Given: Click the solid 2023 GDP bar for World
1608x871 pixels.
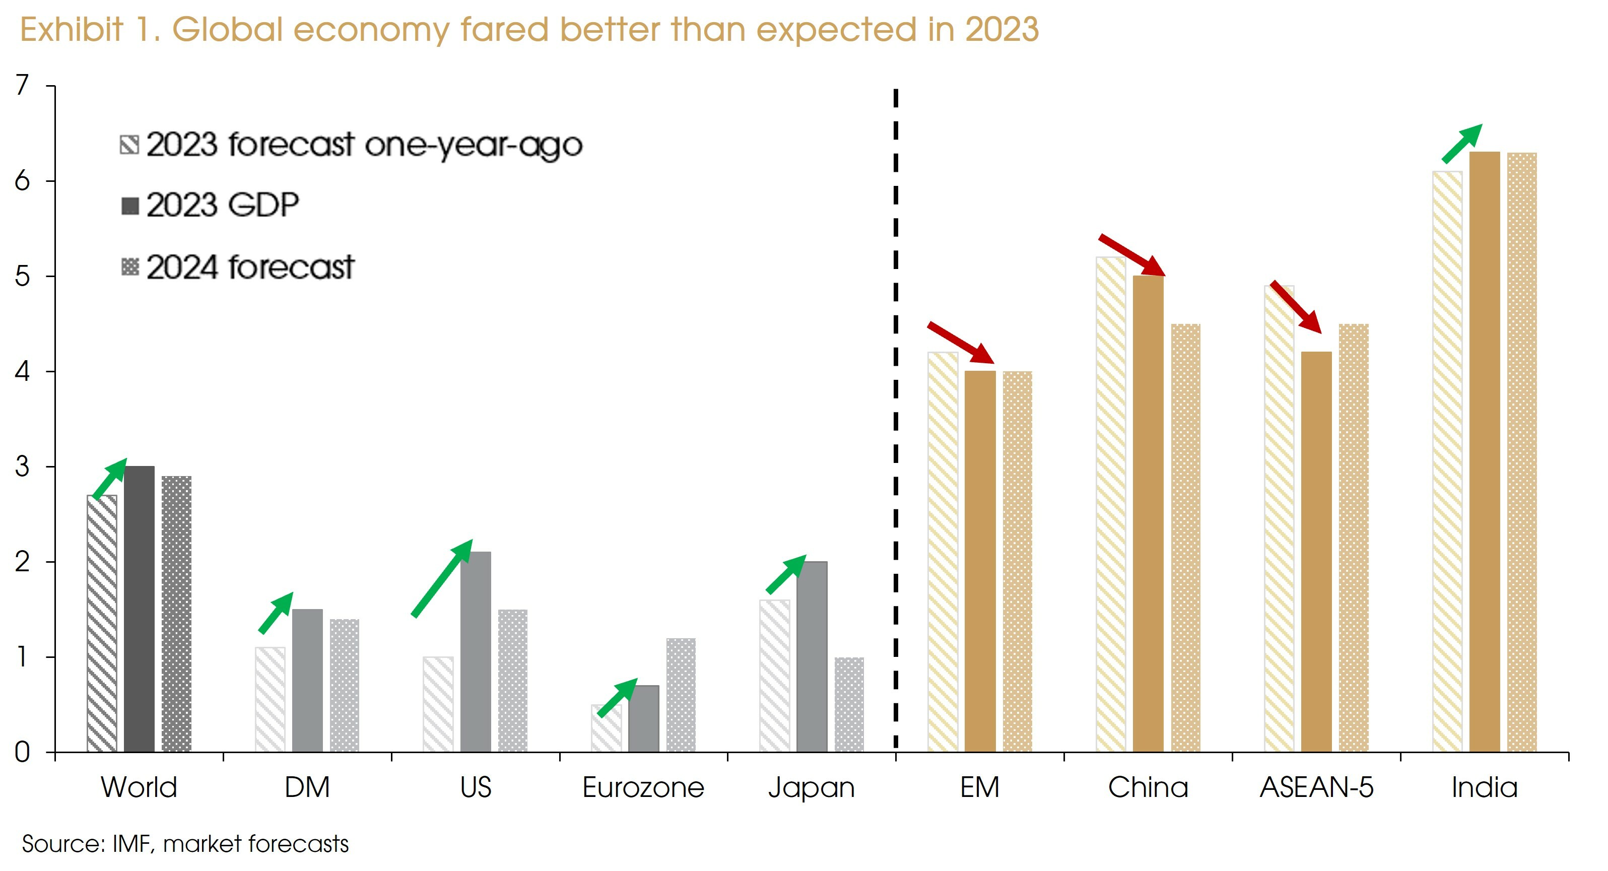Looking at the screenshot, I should coord(139,609).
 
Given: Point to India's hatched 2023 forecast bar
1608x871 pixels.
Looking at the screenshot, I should coord(1447,461).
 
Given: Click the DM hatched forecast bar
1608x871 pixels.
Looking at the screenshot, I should coord(270,699).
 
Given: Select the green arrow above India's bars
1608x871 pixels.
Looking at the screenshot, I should coord(1461,144).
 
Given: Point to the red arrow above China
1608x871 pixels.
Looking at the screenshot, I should coord(1131,255).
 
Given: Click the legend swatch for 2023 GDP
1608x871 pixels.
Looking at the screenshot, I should coord(130,206).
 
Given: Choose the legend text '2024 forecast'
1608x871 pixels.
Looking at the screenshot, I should coord(250,267).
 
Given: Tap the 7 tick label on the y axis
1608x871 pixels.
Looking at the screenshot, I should coord(23,86).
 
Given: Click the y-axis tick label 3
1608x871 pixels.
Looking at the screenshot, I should coord(23,466).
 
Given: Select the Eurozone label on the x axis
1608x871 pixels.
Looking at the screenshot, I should coord(643,787).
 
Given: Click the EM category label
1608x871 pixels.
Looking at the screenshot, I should coord(979,787).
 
